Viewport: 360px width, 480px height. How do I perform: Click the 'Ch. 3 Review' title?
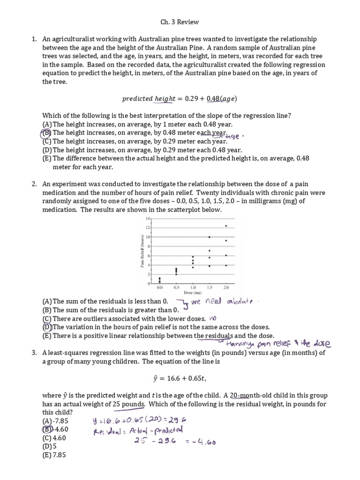(x=180, y=22)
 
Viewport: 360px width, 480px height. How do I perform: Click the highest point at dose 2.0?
(x=226, y=226)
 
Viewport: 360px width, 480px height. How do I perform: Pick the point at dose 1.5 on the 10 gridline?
(x=209, y=237)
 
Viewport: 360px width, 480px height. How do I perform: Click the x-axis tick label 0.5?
(x=176, y=287)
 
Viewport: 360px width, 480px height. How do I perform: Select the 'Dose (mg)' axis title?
(x=193, y=292)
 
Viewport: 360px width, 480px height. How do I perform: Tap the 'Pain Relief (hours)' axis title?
(x=142, y=251)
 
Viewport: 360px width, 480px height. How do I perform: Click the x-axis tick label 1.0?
(x=193, y=287)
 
